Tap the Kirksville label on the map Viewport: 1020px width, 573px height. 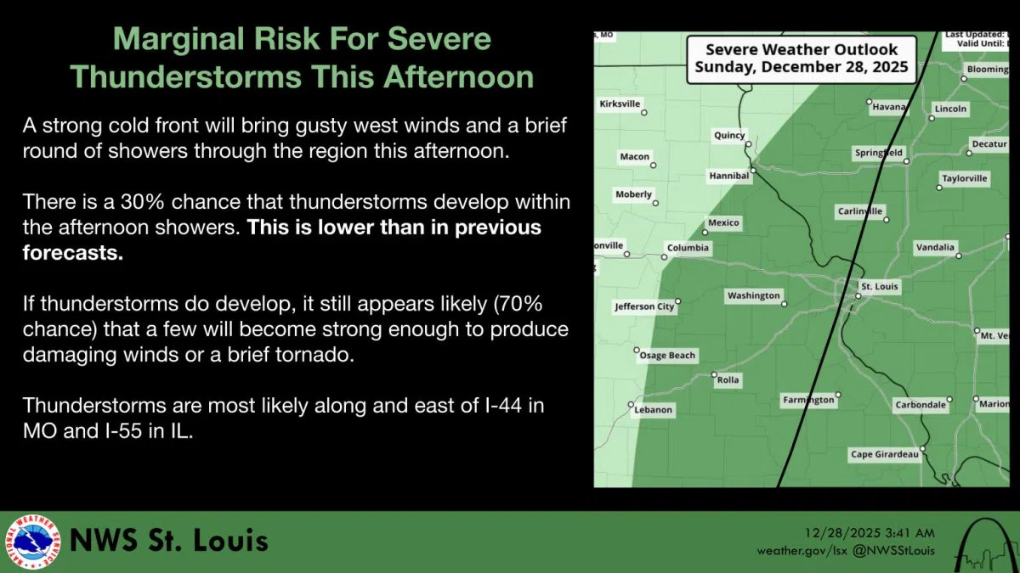pyautogui.click(x=620, y=104)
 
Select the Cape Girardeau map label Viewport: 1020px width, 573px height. pyautogui.click(x=885, y=455)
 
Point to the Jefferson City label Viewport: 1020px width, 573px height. pyautogui.click(x=644, y=306)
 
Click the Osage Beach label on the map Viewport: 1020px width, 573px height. pyautogui.click(x=668, y=356)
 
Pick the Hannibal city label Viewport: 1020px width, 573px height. pyautogui.click(x=729, y=176)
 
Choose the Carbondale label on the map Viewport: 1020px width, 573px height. pyautogui.click(x=921, y=405)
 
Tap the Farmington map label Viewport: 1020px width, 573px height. pyautogui.click(x=807, y=400)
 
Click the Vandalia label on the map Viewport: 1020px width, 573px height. pyautogui.click(x=934, y=248)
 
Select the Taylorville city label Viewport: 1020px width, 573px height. pyautogui.click(x=965, y=178)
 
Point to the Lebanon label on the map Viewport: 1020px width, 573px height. pyautogui.click(x=653, y=410)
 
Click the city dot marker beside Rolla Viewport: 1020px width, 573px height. pyautogui.click(x=714, y=374)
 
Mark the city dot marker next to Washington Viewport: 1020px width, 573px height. pyautogui.click(x=785, y=303)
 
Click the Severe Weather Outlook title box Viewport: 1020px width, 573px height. pyautogui.click(x=802, y=59)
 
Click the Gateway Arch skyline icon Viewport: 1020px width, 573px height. pyautogui.click(x=986, y=543)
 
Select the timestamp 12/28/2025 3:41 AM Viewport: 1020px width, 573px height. pyautogui.click(x=870, y=533)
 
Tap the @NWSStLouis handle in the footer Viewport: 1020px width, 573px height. pyautogui.click(x=894, y=551)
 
